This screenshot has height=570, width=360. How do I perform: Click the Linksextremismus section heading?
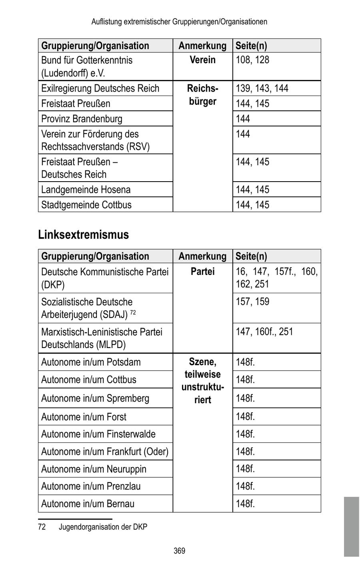pyautogui.click(x=84, y=235)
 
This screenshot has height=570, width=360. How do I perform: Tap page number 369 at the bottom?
pyautogui.click(x=179, y=551)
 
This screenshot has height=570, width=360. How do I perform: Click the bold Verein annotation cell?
pyautogui.click(x=202, y=60)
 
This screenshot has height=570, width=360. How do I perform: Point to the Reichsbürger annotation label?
pyautogui.click(x=202, y=95)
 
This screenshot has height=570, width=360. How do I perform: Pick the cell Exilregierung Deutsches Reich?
pyautogui.click(x=100, y=88)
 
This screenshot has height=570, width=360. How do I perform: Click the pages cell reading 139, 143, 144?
pyautogui.click(x=262, y=88)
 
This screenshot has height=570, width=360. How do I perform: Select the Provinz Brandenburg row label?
pyautogui.click(x=82, y=119)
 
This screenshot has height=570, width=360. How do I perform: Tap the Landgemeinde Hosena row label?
pyautogui.click(x=86, y=190)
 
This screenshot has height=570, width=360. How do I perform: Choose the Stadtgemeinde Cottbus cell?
pyautogui.click(x=86, y=205)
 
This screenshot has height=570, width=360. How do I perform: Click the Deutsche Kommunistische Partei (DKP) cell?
pyautogui.click(x=105, y=278)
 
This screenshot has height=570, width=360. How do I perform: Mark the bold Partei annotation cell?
pyautogui.click(x=202, y=272)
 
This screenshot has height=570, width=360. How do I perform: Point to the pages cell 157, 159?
pyautogui.click(x=252, y=302)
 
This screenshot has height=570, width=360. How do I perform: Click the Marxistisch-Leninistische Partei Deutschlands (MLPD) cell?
pyautogui.click(x=102, y=338)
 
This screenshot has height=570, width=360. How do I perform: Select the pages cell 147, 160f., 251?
pyautogui.click(x=264, y=332)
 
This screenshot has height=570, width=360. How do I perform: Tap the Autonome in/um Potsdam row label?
pyautogui.click(x=91, y=362)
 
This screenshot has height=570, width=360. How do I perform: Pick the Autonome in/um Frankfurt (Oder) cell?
pyautogui.click(x=105, y=452)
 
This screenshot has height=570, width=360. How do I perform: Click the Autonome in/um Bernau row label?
pyautogui.click(x=88, y=504)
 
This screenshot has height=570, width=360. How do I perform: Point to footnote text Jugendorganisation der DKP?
pyautogui.click(x=103, y=527)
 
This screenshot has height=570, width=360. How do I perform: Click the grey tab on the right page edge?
pyautogui.click(x=351, y=526)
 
